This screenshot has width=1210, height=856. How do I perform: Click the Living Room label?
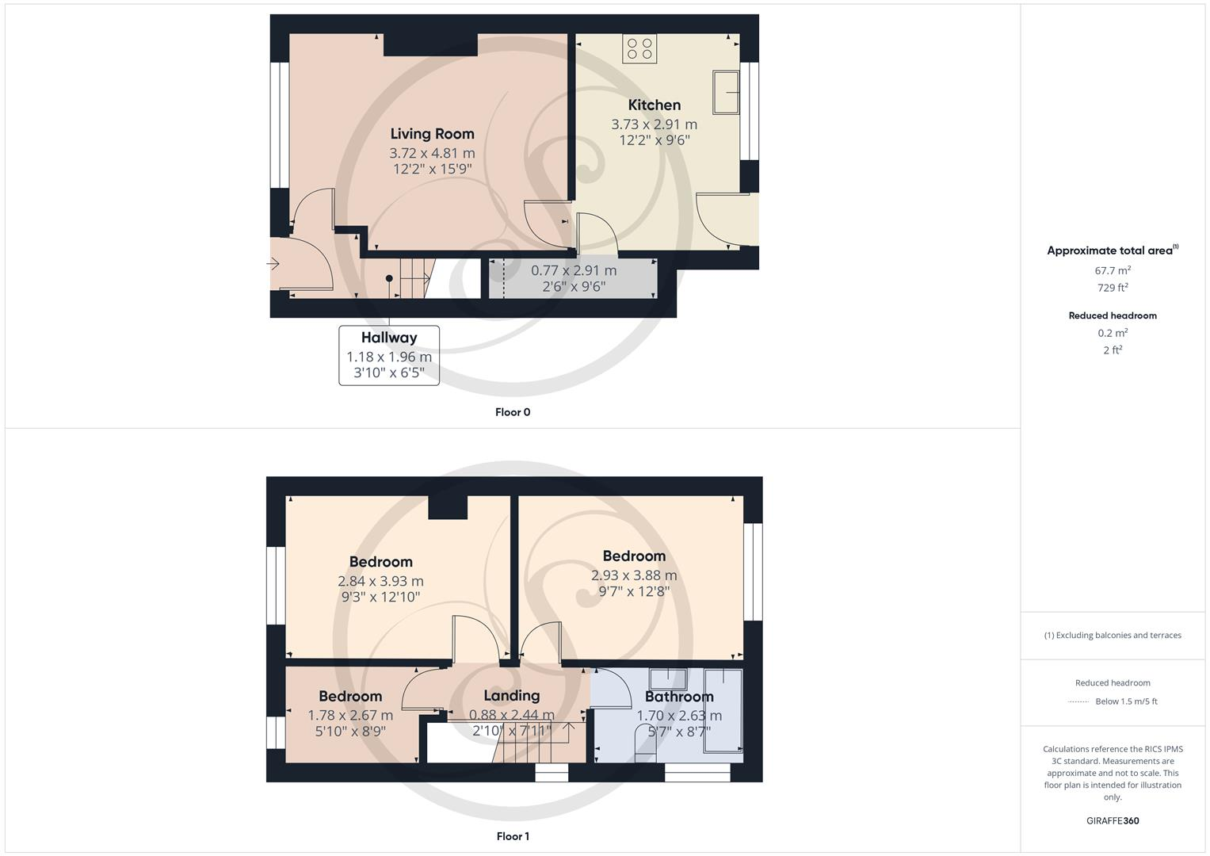click(432, 134)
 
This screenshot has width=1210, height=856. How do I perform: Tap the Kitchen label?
click(654, 105)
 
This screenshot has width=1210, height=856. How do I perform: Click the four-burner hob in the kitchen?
click(639, 49)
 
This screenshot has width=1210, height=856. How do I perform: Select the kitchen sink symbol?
click(727, 92)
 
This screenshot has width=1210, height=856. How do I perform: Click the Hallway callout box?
click(389, 356)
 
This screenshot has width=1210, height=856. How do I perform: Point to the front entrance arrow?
click(273, 264)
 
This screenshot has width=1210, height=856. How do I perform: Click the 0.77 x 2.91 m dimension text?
click(574, 270)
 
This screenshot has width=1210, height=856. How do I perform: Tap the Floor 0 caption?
click(513, 412)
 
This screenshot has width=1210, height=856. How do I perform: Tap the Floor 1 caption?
click(513, 836)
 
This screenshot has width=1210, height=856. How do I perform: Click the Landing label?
click(511, 695)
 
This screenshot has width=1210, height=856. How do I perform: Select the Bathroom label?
click(679, 697)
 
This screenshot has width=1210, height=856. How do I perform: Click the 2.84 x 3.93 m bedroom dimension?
click(380, 581)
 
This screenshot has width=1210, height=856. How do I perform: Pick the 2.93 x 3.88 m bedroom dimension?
click(634, 575)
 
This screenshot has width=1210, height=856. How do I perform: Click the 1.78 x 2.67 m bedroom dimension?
click(350, 715)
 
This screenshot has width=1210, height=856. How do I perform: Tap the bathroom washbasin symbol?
click(668, 678)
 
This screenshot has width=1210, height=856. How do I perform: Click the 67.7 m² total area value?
click(1113, 270)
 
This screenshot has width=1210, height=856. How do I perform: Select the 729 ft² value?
click(1113, 288)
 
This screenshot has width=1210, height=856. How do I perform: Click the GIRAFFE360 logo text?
click(1113, 821)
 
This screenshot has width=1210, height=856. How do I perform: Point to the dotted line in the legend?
click(1078, 701)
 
